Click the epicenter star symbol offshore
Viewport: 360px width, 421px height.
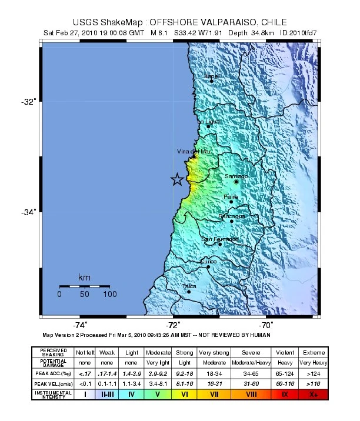click(x=176, y=180)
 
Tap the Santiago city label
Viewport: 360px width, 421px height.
click(x=236, y=176)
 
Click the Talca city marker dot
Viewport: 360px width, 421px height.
click(x=189, y=291)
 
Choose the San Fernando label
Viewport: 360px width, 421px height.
click(x=219, y=239)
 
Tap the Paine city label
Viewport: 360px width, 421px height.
click(x=231, y=197)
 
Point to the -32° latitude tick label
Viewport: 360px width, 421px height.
click(x=28, y=102)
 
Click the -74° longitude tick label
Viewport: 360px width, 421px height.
click(x=81, y=325)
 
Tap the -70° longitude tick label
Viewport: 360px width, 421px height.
click(x=265, y=325)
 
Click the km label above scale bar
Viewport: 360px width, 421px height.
click(x=84, y=277)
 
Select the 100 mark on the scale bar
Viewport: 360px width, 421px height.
click(x=109, y=293)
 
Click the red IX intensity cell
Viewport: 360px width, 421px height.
click(x=285, y=395)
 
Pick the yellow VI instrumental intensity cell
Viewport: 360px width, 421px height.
click(x=185, y=395)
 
